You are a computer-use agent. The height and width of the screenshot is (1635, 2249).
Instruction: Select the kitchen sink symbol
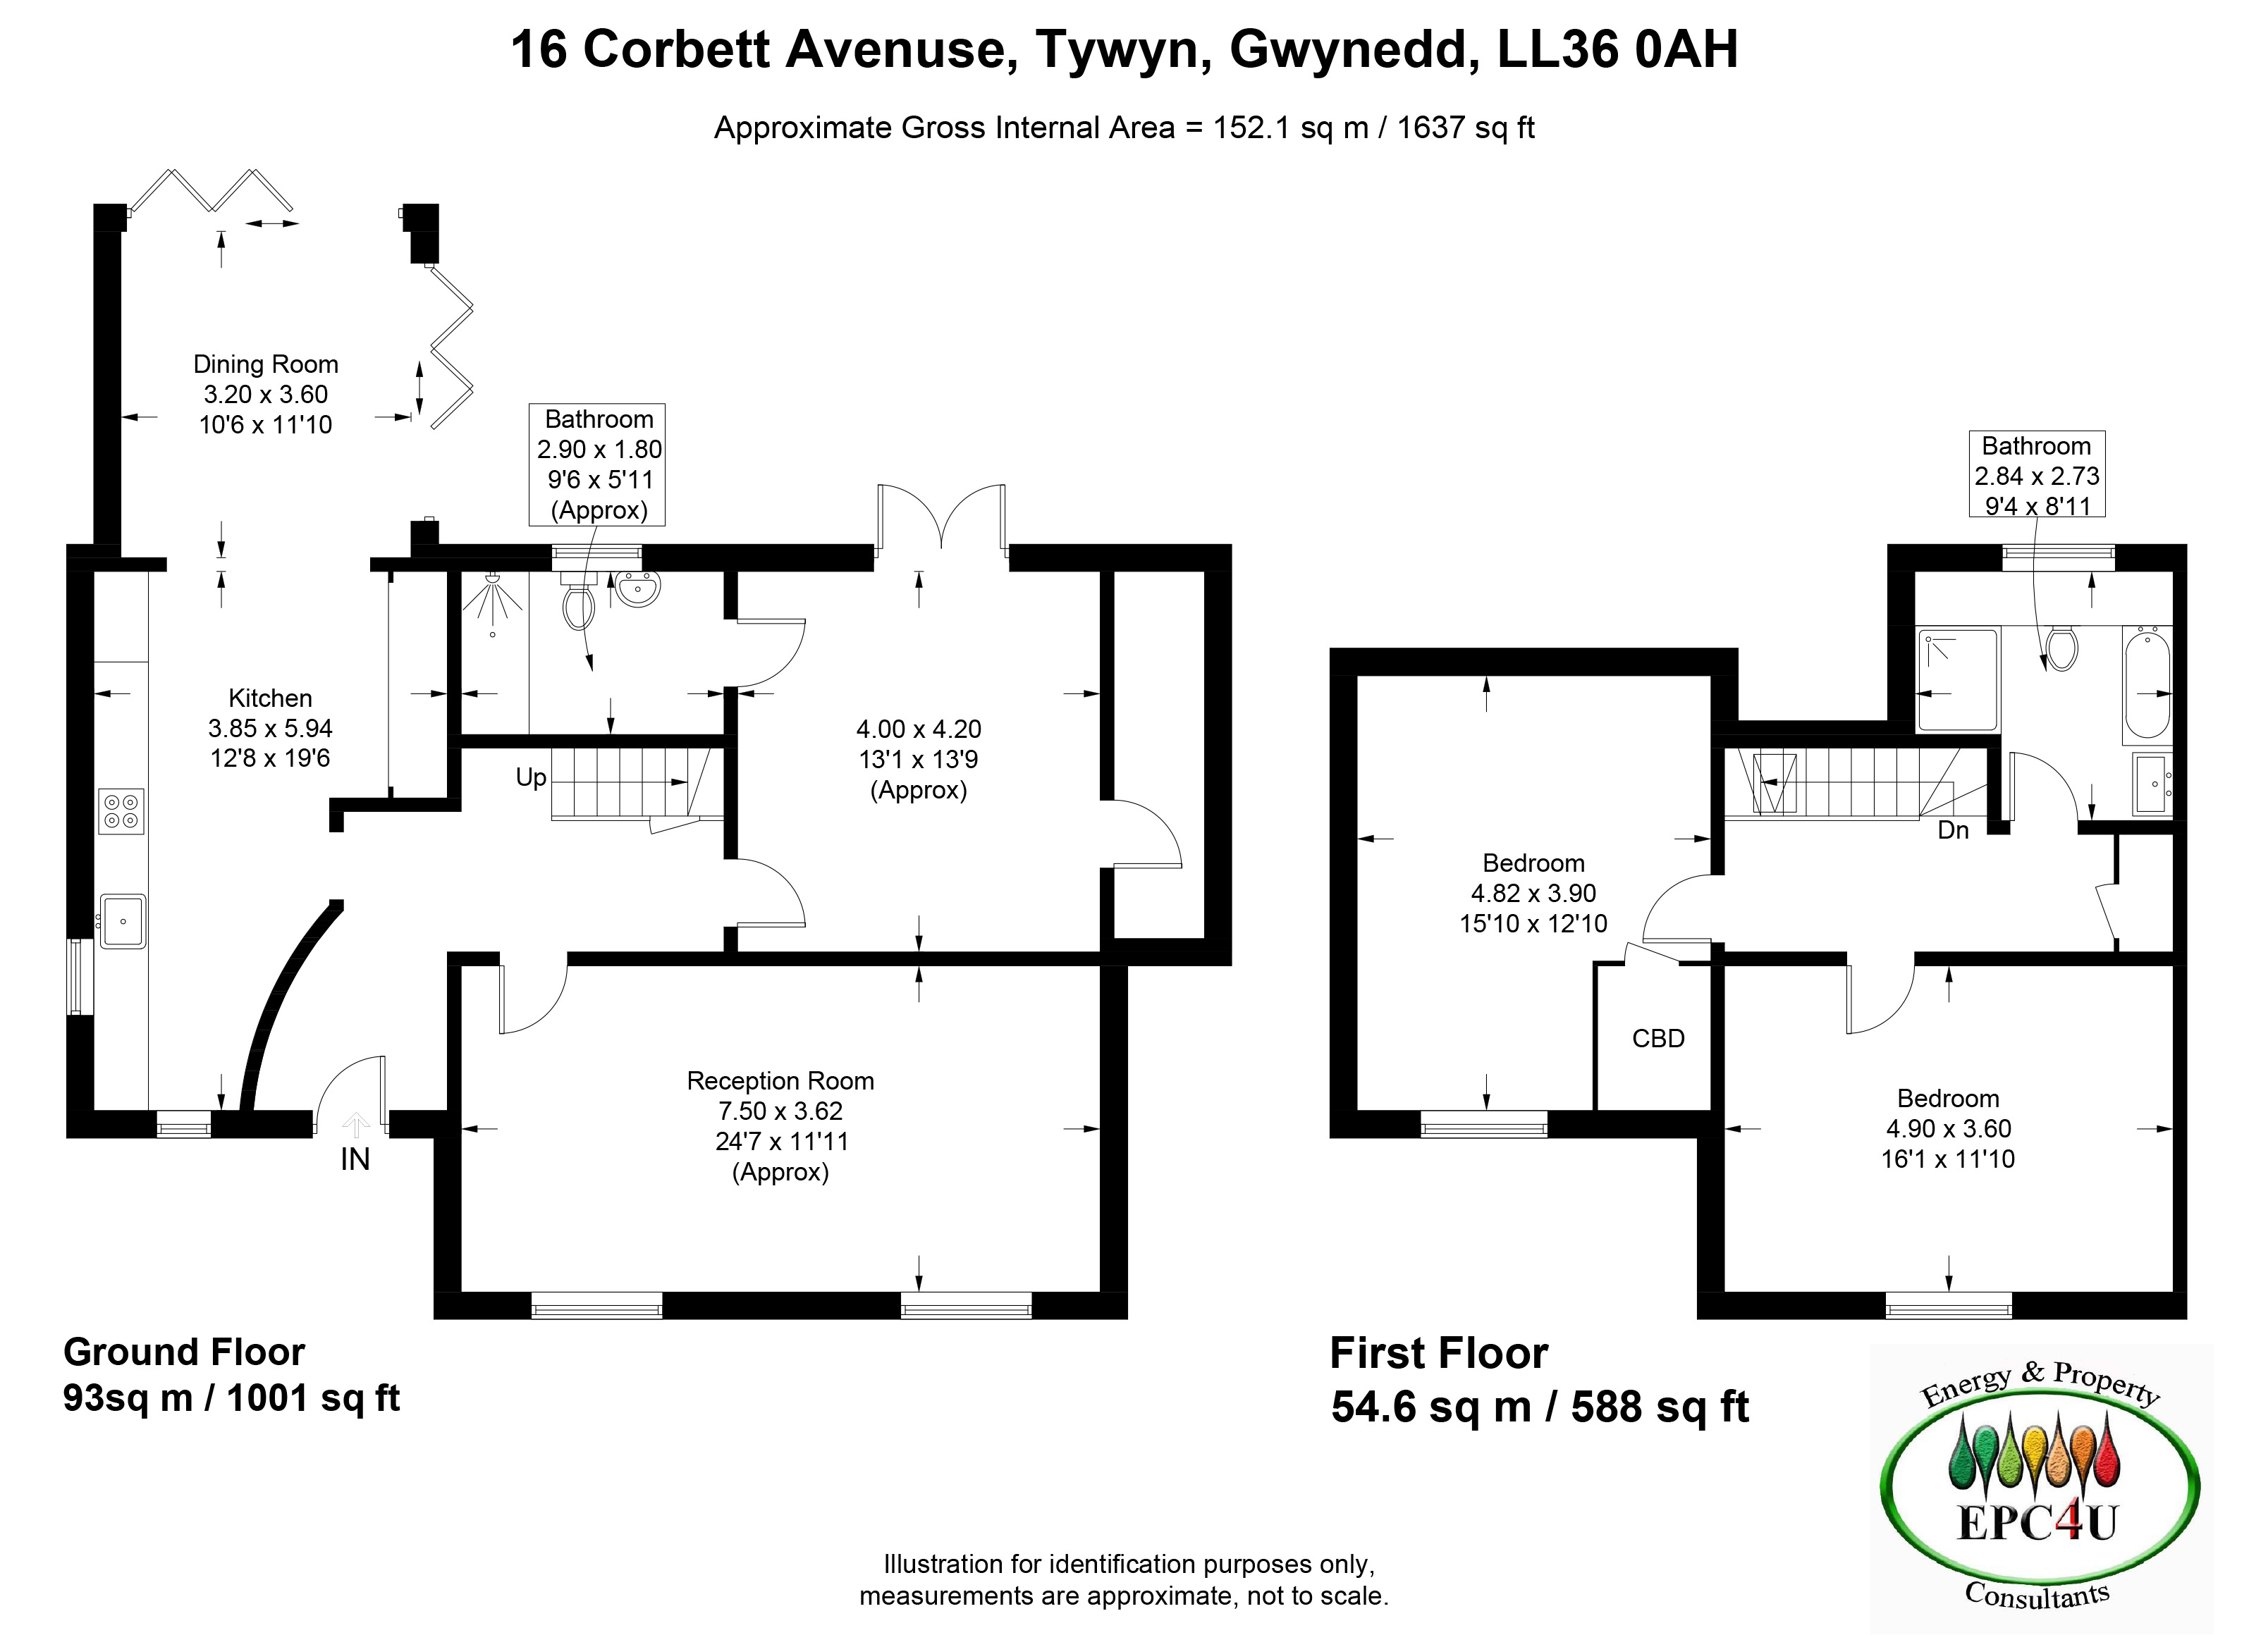[x=123, y=921]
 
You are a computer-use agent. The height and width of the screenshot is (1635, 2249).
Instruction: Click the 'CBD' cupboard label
[x=1658, y=1038]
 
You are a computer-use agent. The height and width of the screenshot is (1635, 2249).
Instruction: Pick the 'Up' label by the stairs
[x=530, y=777]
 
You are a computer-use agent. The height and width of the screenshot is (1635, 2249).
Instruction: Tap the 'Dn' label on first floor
[x=1952, y=830]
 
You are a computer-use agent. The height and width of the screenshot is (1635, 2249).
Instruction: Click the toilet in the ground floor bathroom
[x=577, y=605]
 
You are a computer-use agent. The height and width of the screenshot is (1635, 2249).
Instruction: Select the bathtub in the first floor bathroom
[x=2147, y=685]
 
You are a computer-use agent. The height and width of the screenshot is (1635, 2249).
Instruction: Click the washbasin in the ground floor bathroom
[x=637, y=590]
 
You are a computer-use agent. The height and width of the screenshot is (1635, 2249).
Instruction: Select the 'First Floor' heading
[x=1438, y=1353]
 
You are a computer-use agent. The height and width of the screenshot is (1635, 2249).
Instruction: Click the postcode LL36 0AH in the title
[x=1617, y=49]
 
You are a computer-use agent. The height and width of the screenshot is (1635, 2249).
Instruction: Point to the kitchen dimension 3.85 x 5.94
[x=270, y=728]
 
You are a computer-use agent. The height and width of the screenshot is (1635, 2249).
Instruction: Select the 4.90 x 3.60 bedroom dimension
[x=1947, y=1128]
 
